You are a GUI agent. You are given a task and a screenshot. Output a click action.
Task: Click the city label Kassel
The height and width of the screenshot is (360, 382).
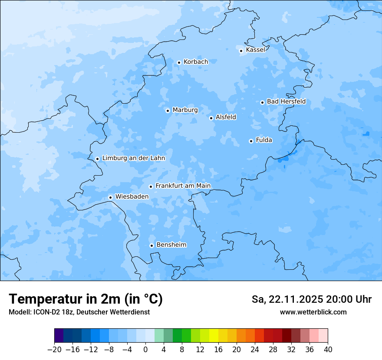coord(255,50)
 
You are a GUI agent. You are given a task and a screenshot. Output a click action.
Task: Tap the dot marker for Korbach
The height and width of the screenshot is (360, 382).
coord(179,62)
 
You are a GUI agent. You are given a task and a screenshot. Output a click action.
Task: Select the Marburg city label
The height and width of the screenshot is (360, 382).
coord(185,110)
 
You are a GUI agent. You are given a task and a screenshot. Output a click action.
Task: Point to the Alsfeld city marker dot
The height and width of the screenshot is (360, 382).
coord(211,118)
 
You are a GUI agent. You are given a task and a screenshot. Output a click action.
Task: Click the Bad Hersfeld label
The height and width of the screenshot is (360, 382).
coord(286,101)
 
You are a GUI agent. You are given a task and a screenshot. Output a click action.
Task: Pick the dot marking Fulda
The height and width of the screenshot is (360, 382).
coord(251,141)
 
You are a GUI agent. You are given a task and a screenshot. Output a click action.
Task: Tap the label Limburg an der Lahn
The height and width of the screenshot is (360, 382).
coord(133,158)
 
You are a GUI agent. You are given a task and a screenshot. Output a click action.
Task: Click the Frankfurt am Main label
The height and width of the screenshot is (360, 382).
coord(183,186)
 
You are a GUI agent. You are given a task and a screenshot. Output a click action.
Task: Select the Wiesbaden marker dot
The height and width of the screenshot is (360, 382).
coord(110,197)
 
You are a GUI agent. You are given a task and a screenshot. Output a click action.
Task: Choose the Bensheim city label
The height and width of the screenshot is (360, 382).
coord(171,245)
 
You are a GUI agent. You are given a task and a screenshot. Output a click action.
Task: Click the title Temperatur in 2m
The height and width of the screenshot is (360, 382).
coord(86,299)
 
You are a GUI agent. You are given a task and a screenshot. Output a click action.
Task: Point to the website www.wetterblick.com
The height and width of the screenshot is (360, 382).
coord(313,312)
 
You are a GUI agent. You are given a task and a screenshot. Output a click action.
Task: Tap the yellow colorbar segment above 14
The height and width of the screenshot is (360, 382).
coord(214,336)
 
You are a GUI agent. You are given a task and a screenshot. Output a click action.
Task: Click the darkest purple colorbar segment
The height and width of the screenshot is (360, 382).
coord(59,336)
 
